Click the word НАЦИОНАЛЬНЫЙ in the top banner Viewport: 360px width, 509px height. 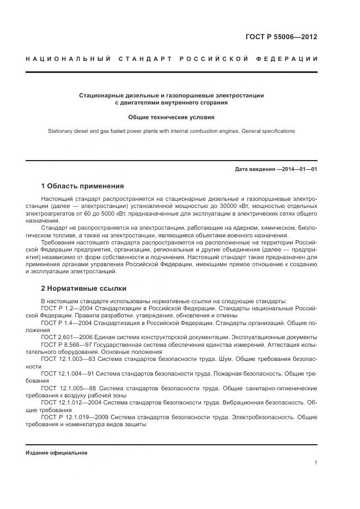(x=68, y=58)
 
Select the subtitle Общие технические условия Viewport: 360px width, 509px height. (x=171, y=116)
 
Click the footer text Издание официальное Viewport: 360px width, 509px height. (x=56, y=453)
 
